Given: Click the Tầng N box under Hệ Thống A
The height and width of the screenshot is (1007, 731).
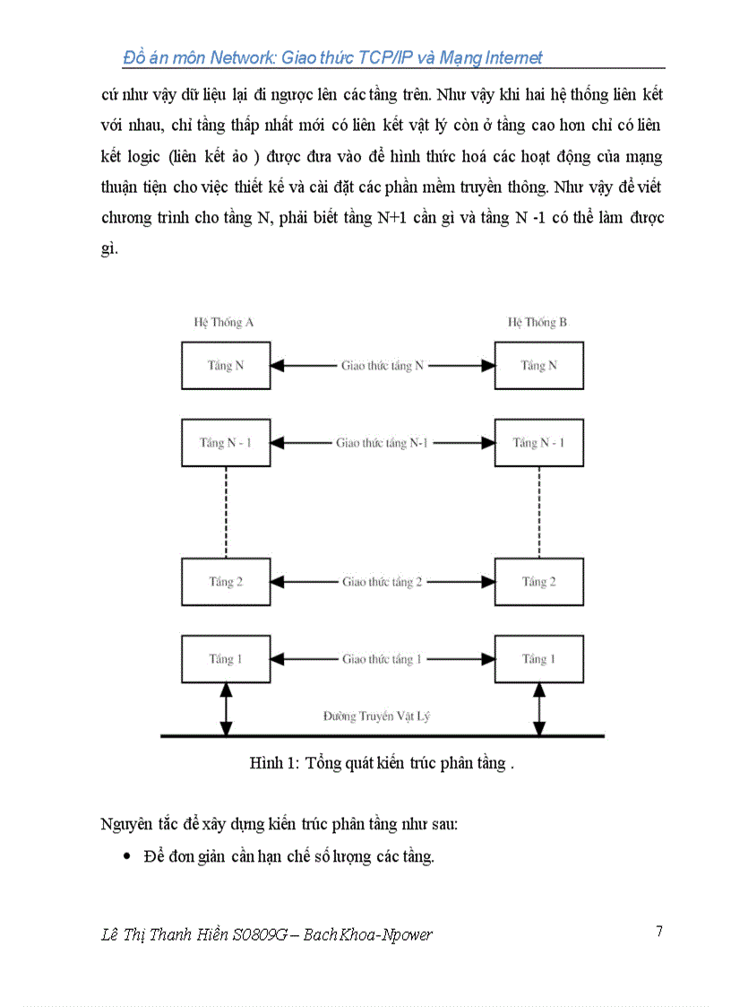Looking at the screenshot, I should coord(226,365).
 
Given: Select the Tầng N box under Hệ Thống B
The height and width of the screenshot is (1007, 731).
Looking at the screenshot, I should coord(538,365).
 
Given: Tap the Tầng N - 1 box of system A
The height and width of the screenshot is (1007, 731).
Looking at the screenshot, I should coord(226,443).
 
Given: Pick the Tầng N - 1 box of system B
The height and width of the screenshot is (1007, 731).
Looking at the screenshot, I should coord(538,443).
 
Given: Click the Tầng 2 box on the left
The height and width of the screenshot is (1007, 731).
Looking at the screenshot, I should coord(226,582).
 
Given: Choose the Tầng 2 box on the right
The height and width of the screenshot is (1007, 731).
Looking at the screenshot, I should coord(538,582).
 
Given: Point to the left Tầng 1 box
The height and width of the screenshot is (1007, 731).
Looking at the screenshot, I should coord(226,659).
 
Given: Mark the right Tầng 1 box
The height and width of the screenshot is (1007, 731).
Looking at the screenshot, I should coord(538,659).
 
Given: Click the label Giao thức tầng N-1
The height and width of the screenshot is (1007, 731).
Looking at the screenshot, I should coord(383,443).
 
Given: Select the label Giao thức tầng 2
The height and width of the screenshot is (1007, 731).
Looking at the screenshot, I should coord(383,582).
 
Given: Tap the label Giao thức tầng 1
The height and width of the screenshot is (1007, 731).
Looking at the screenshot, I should coord(383,659).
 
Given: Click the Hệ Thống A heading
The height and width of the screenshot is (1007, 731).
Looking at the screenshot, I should coord(224,322).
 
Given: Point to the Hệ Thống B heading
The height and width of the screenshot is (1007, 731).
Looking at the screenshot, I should coord(537,322).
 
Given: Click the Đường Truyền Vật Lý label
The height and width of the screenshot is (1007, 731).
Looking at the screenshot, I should coord(383,716).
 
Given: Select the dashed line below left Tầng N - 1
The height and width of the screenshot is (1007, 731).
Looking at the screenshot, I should coord(226,512).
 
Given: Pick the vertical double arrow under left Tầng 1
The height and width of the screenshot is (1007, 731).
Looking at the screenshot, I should coord(226,709).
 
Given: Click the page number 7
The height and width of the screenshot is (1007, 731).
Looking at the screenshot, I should coord(659,932).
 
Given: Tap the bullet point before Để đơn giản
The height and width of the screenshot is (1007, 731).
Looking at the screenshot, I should coord(126,857).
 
